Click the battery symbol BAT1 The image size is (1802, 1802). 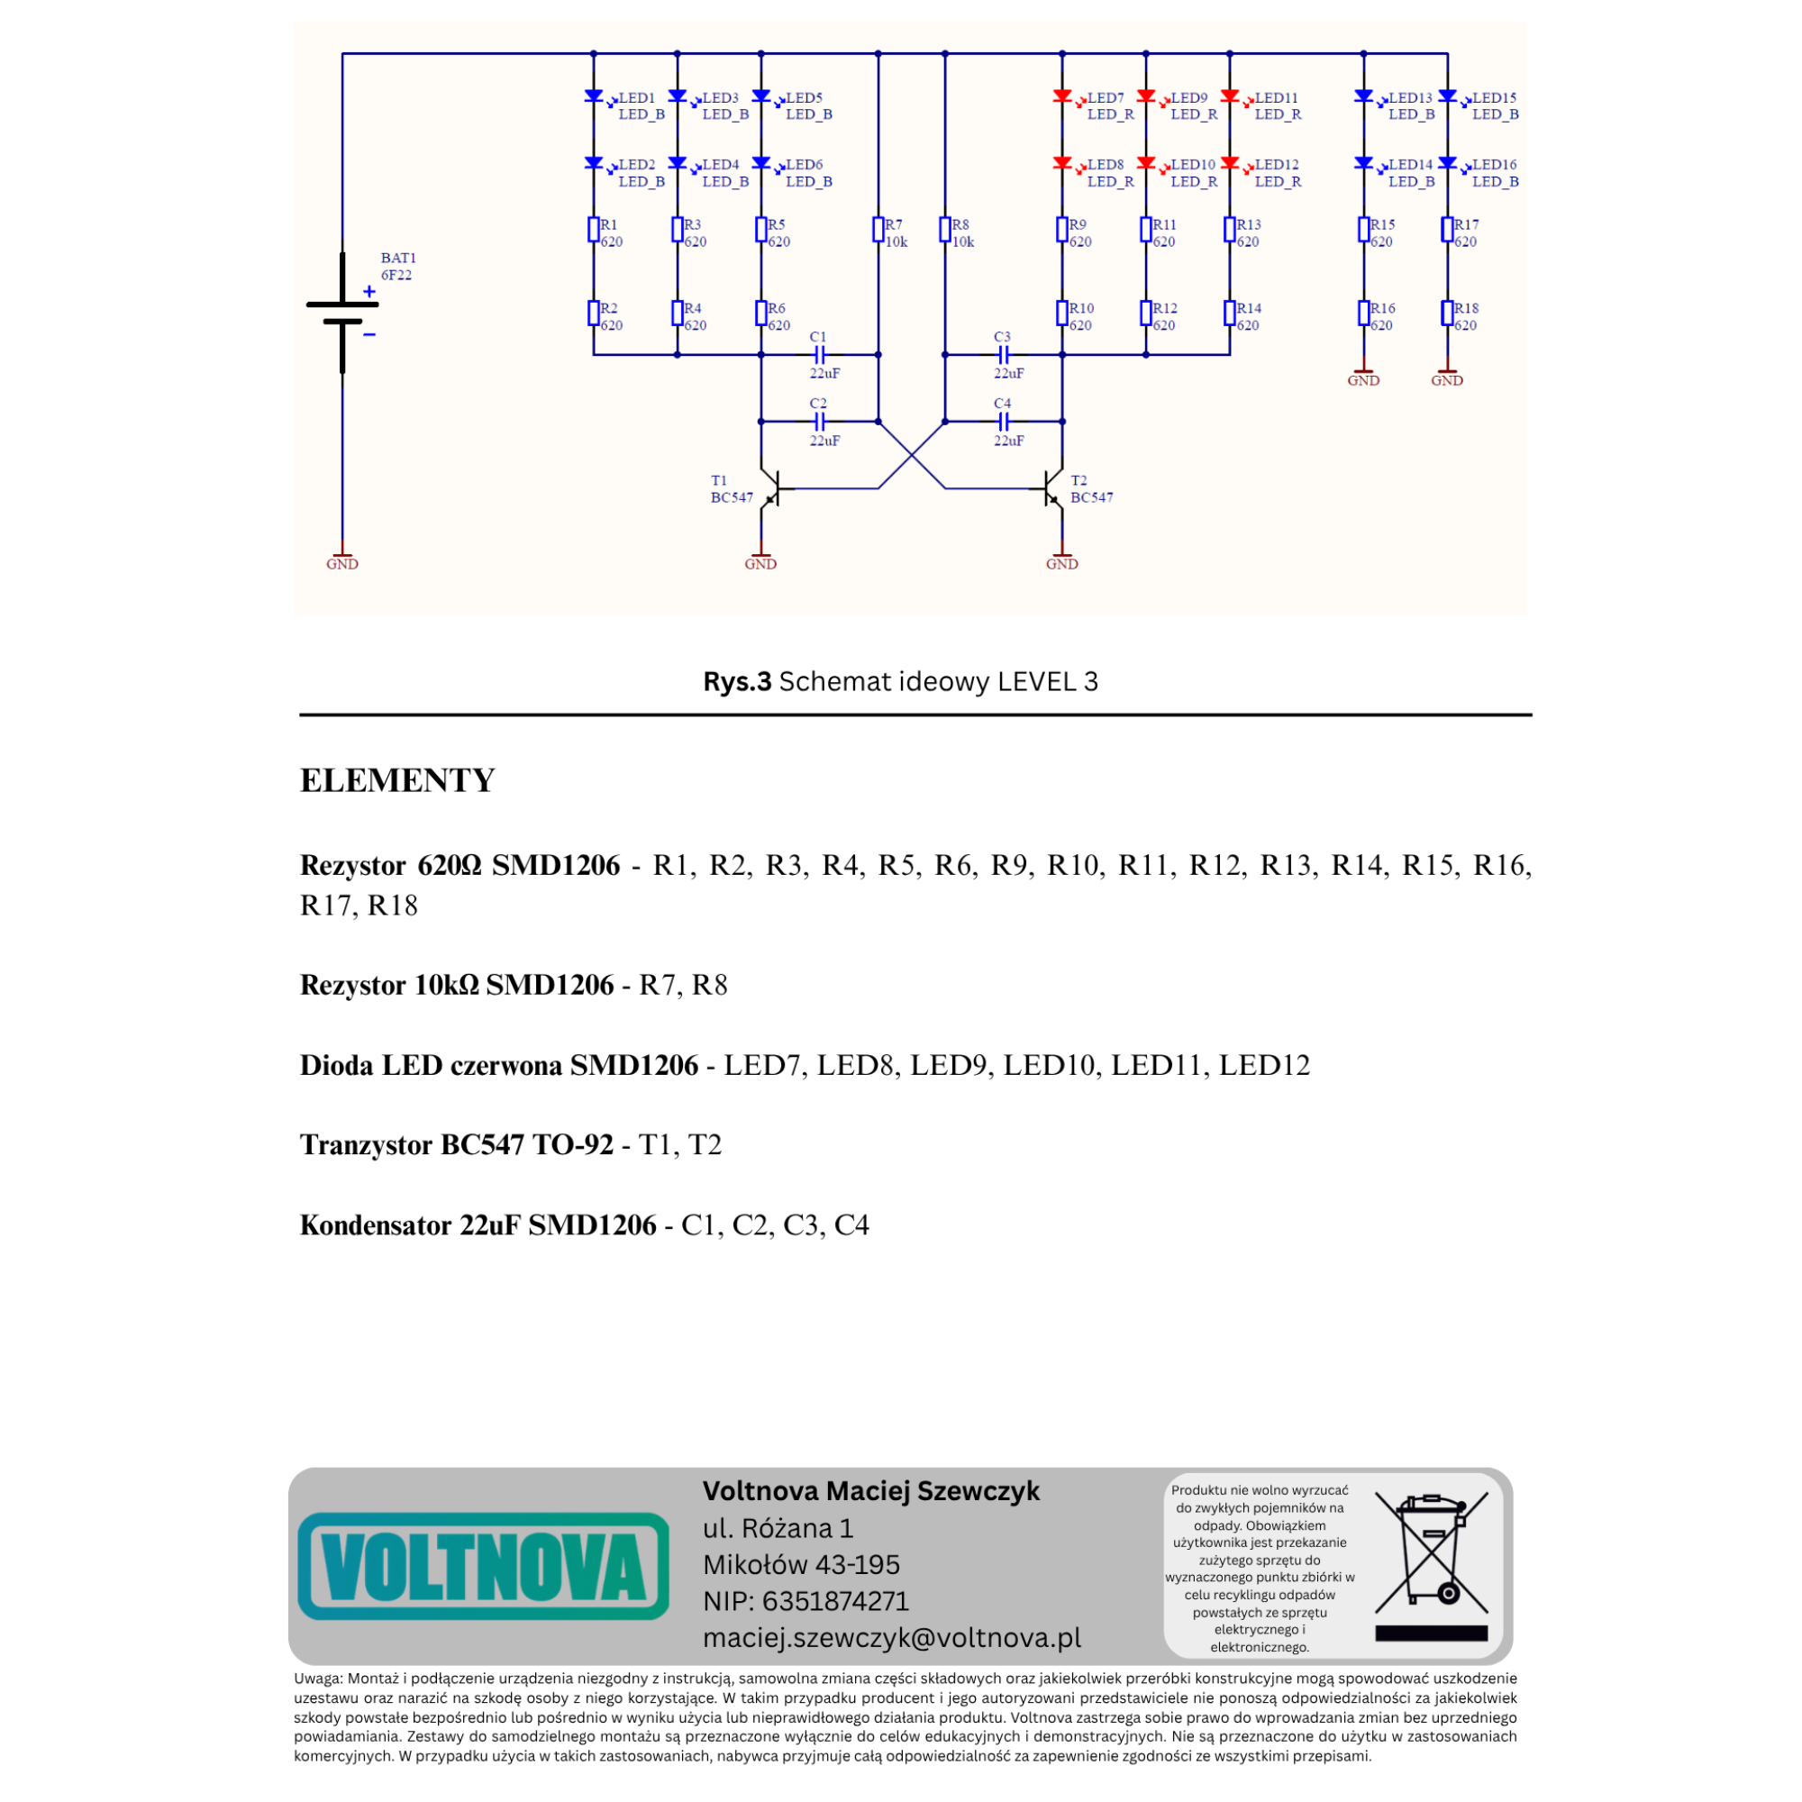click(342, 313)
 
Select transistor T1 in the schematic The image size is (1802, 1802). click(770, 487)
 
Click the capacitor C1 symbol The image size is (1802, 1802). click(819, 354)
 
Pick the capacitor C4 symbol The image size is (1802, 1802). click(1004, 422)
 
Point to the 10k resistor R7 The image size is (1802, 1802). click(878, 230)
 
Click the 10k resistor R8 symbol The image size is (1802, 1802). click(945, 230)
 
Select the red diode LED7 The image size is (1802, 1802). click(1061, 96)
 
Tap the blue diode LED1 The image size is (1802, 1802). click(593, 96)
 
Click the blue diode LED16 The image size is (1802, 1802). click(1447, 163)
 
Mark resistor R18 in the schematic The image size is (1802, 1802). click(1447, 314)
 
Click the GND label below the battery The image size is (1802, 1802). click(342, 563)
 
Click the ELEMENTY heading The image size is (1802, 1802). click(397, 779)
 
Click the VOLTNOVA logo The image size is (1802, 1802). click(483, 1566)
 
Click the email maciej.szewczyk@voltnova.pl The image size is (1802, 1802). click(892, 1637)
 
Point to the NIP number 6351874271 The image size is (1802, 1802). click(835, 1600)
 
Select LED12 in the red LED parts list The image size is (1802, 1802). click(1264, 1064)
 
